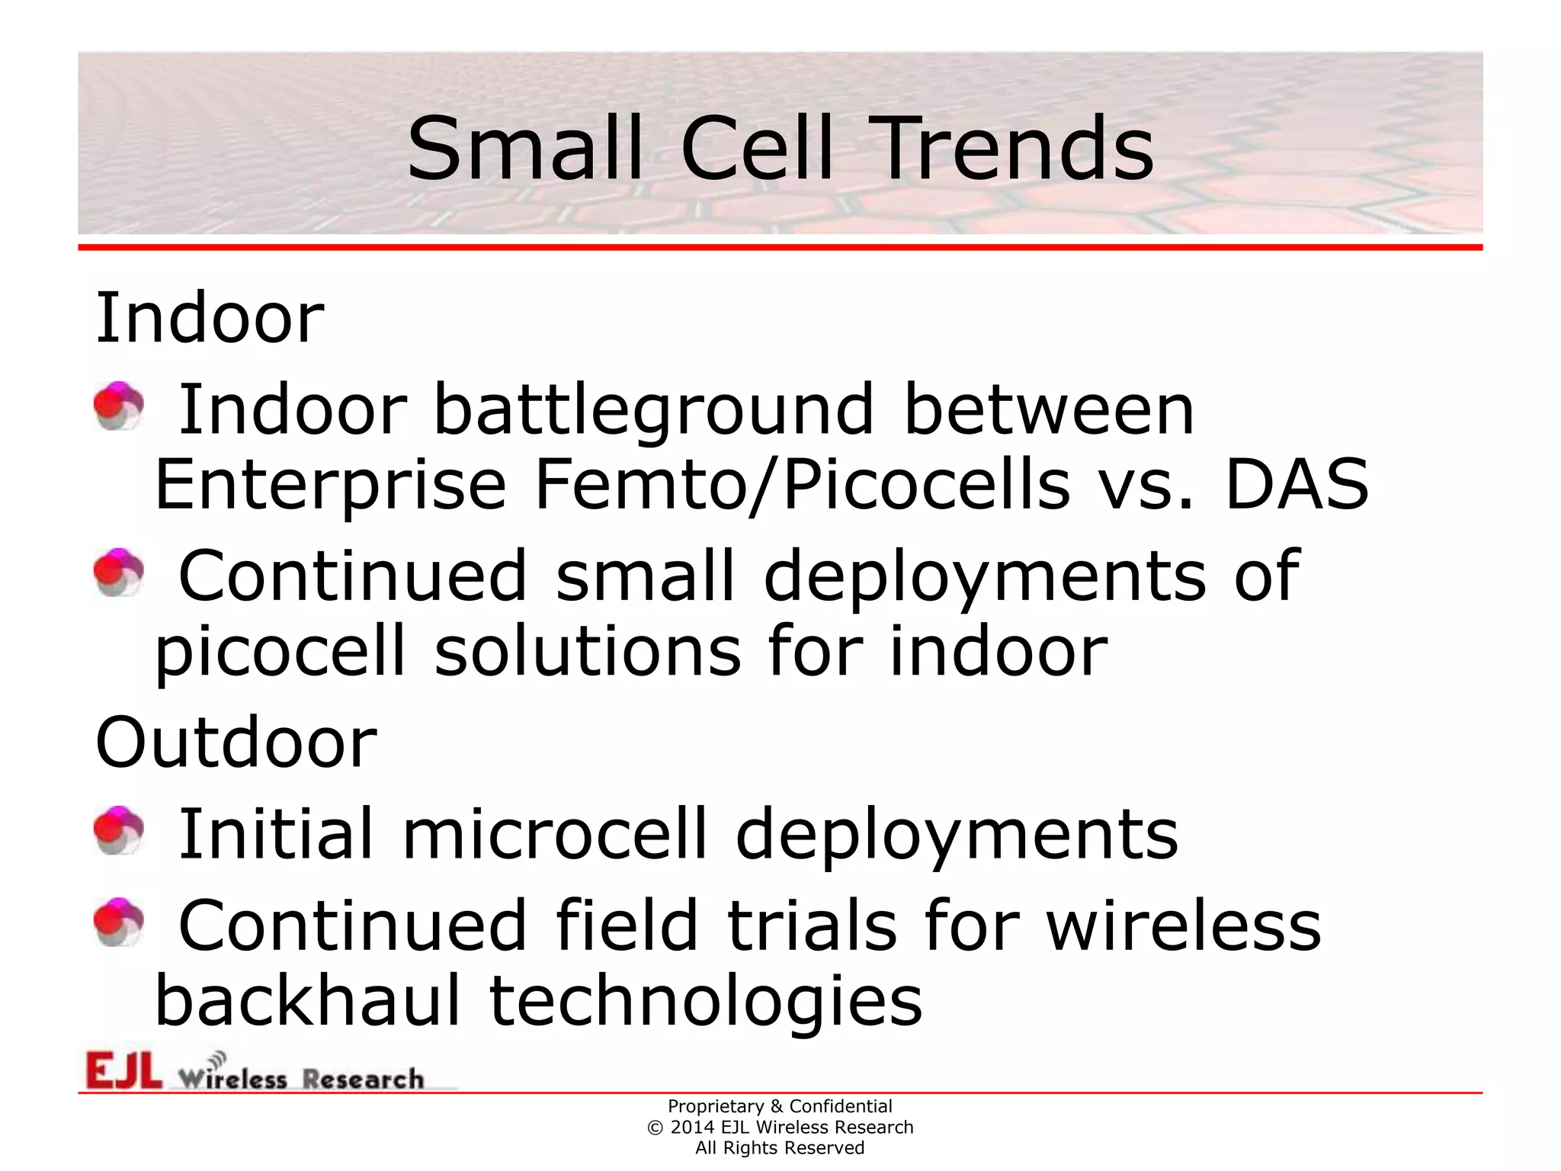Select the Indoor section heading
coord(210,318)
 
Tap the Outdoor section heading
coord(236,743)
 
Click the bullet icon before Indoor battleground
coord(119,406)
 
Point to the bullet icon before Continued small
coord(119,572)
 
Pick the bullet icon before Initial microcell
coord(119,830)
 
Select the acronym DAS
coord(1297,485)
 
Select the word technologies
coord(706,1003)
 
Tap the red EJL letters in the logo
coord(123,1070)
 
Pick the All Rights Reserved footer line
coord(780,1148)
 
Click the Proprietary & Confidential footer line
coord(780,1106)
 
